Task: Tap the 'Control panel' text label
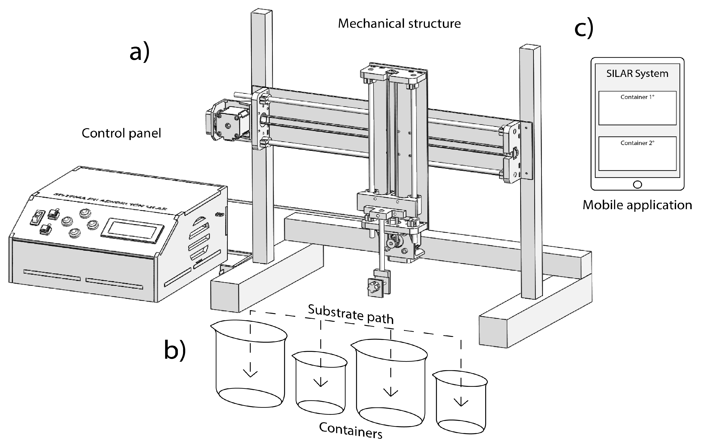[x=121, y=133]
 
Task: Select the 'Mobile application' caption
[x=637, y=205]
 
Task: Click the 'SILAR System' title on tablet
[x=637, y=73]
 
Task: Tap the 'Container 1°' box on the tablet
[x=637, y=108]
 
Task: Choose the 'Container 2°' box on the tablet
[x=637, y=154]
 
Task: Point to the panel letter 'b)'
[x=175, y=350]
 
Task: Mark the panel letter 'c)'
[x=584, y=28]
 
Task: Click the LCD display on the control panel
[x=132, y=230]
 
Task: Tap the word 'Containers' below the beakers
[x=351, y=430]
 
